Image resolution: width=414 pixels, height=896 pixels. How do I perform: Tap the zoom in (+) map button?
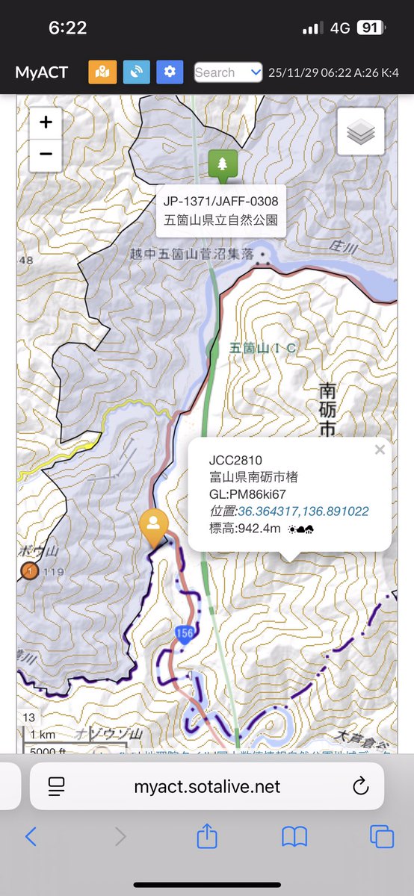pos(46,122)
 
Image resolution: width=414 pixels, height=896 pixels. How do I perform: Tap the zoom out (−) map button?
pos(46,155)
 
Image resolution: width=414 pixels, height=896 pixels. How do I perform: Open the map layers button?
pos(361,132)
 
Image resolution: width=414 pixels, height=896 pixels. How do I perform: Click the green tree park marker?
pos(223,164)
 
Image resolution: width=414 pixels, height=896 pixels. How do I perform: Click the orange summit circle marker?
pos(29,571)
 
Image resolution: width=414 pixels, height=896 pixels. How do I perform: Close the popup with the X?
pos(380,449)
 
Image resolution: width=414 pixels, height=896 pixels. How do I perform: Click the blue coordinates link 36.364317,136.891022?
pos(303,511)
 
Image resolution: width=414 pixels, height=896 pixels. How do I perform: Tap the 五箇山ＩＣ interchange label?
pos(265,348)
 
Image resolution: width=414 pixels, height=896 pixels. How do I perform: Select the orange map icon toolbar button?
pos(102,72)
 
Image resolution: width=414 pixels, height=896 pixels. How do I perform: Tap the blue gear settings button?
pos(170,72)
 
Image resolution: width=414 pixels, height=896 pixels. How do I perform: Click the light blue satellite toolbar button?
pos(136,72)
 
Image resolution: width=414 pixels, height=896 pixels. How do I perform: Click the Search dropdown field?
pos(228,72)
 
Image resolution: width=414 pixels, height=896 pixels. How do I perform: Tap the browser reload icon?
pos(360,785)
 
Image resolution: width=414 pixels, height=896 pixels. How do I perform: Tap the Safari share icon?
pos(207,837)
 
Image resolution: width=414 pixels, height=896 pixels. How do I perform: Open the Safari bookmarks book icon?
pos(294,837)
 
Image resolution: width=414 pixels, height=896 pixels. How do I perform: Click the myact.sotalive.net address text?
pos(207,786)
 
